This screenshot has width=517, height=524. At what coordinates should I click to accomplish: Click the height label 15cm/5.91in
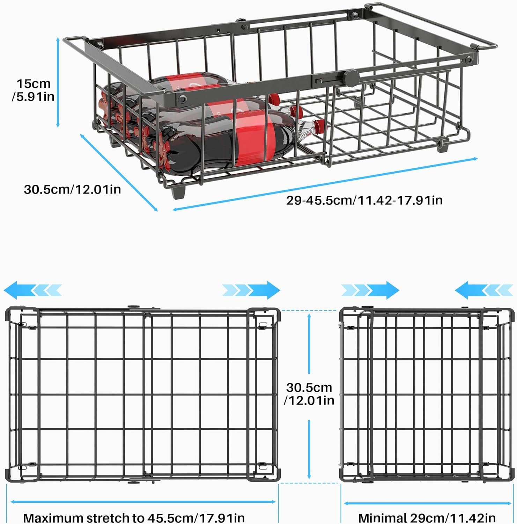coord(33,90)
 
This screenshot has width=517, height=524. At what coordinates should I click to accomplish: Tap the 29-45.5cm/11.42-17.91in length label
coord(364,200)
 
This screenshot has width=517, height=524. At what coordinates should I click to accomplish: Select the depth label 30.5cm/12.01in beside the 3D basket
coord(72,189)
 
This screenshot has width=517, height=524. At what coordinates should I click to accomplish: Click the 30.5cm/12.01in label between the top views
coord(309,394)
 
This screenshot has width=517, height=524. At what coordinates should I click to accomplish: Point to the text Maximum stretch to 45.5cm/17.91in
coord(134,517)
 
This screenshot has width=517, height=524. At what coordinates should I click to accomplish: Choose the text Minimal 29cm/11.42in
coord(427,517)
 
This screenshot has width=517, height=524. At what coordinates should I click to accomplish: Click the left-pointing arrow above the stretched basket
coord(33,290)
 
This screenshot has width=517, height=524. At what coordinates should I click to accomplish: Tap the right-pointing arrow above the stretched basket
coord(251,290)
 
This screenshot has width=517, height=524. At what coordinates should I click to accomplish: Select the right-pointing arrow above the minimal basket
coord(370,290)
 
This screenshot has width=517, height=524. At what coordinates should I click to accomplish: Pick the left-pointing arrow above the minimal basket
coord(484,290)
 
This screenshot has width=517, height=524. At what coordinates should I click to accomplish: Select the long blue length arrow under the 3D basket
coord(325,184)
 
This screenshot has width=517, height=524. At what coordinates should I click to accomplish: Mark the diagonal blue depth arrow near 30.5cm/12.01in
coord(119,173)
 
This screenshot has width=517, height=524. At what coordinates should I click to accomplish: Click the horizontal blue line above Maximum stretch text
coord(143,502)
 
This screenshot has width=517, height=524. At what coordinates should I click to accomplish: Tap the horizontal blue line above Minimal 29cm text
coord(428,503)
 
